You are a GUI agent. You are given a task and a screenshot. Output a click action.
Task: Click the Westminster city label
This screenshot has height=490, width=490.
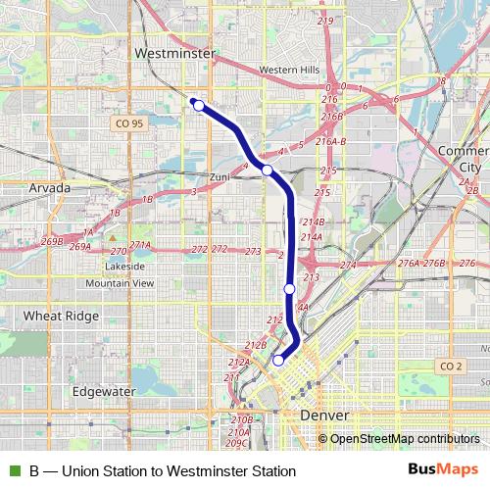[x=174, y=53]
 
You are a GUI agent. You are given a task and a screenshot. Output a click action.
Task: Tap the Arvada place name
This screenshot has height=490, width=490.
[x=49, y=186]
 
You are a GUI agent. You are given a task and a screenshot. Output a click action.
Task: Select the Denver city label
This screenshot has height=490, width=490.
[x=323, y=416]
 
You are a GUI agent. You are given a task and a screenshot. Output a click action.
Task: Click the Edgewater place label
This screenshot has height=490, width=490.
[x=103, y=390]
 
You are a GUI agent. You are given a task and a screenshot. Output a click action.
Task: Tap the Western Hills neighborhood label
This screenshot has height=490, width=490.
[x=289, y=70]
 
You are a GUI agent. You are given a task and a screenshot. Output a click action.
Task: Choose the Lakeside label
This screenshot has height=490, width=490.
[x=124, y=267]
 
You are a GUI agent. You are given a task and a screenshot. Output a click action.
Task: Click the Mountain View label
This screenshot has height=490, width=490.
[x=120, y=283]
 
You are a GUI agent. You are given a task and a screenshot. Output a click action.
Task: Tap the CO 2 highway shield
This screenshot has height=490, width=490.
[x=450, y=366]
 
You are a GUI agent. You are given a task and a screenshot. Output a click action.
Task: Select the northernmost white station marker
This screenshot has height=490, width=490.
[x=199, y=105]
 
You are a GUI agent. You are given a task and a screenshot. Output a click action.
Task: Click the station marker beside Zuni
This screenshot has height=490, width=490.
[x=267, y=171]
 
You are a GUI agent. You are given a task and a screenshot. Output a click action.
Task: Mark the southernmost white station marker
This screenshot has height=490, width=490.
[x=278, y=360]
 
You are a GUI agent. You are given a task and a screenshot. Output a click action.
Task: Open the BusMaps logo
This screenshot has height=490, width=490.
[x=444, y=469]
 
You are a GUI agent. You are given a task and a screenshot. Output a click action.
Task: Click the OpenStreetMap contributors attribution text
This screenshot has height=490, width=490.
[x=405, y=438]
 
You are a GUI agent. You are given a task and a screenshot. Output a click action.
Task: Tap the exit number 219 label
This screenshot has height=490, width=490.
[x=325, y=21]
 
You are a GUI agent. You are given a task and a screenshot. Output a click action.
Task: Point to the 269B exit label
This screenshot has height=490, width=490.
[x=52, y=240]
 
